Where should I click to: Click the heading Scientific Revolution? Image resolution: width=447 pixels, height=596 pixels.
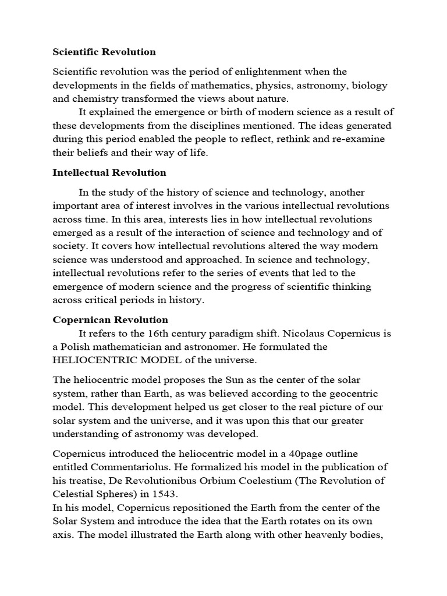(x=104, y=52)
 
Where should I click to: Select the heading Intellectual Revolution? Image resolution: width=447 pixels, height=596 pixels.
(x=109, y=172)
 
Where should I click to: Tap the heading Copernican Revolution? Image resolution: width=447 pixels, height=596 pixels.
(x=111, y=320)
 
